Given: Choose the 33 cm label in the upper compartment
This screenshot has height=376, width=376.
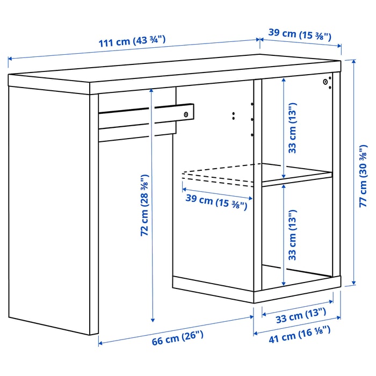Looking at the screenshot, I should pos(293,128).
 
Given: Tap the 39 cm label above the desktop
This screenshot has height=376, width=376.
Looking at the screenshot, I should pos(300,34).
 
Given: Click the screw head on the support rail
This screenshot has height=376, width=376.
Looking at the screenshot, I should pos(186,114).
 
